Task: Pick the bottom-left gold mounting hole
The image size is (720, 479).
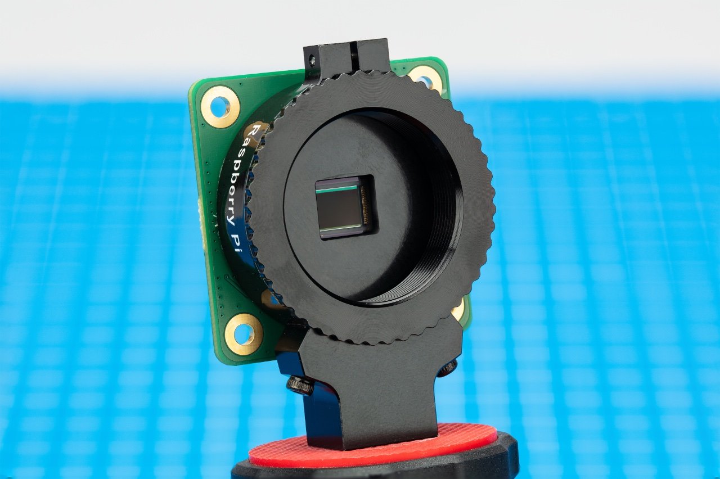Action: (x=244, y=333)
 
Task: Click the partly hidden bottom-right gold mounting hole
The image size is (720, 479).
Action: (x=457, y=309)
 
